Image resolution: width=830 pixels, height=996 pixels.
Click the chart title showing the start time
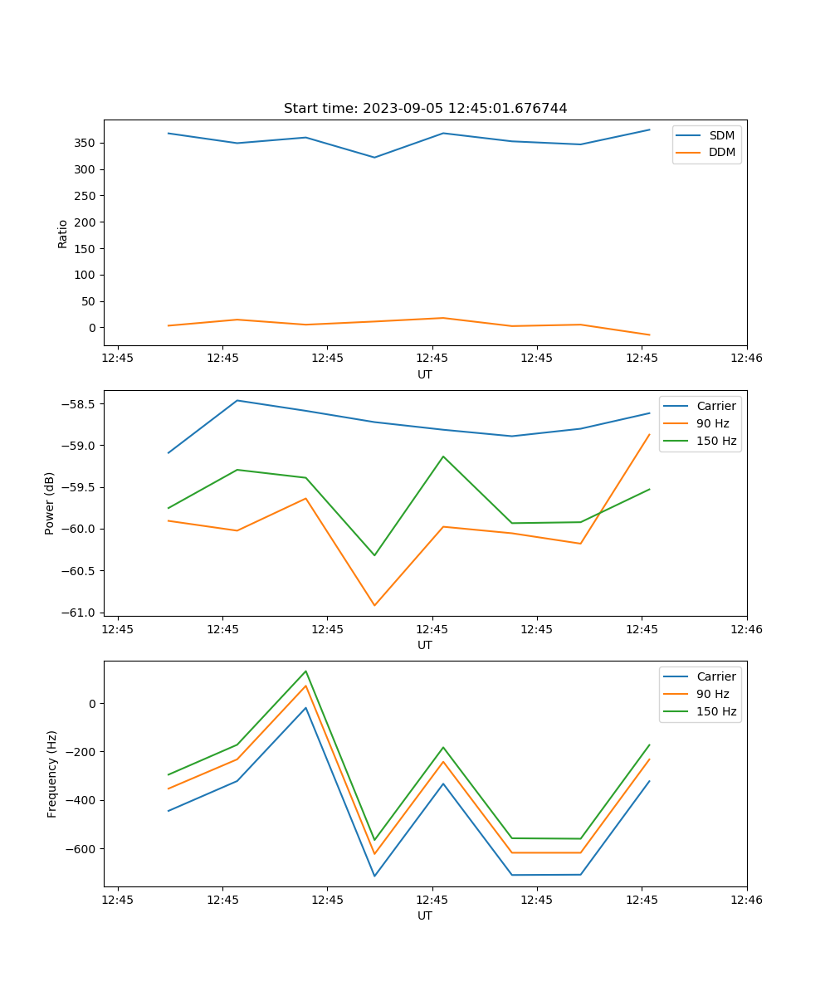(x=425, y=109)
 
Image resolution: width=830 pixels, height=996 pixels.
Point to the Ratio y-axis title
(x=63, y=233)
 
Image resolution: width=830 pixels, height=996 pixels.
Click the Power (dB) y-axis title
(x=50, y=503)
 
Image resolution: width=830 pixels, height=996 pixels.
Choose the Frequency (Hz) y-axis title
(x=52, y=774)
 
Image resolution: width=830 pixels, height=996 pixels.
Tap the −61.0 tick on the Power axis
(x=77, y=613)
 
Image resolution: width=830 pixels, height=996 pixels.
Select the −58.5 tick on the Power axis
(x=77, y=404)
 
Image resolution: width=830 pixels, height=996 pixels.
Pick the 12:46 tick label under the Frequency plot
(x=746, y=899)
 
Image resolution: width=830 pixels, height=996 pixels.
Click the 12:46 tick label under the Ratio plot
(x=746, y=358)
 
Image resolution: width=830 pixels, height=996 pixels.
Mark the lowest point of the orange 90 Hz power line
(x=374, y=605)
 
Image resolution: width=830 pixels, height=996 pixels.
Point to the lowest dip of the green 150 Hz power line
(x=374, y=555)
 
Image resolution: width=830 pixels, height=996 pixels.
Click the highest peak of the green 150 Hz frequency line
(x=305, y=671)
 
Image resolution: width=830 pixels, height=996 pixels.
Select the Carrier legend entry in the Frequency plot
(x=715, y=676)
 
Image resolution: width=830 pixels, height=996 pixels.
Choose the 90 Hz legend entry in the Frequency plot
(x=712, y=694)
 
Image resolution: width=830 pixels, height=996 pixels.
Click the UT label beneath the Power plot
(x=425, y=645)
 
